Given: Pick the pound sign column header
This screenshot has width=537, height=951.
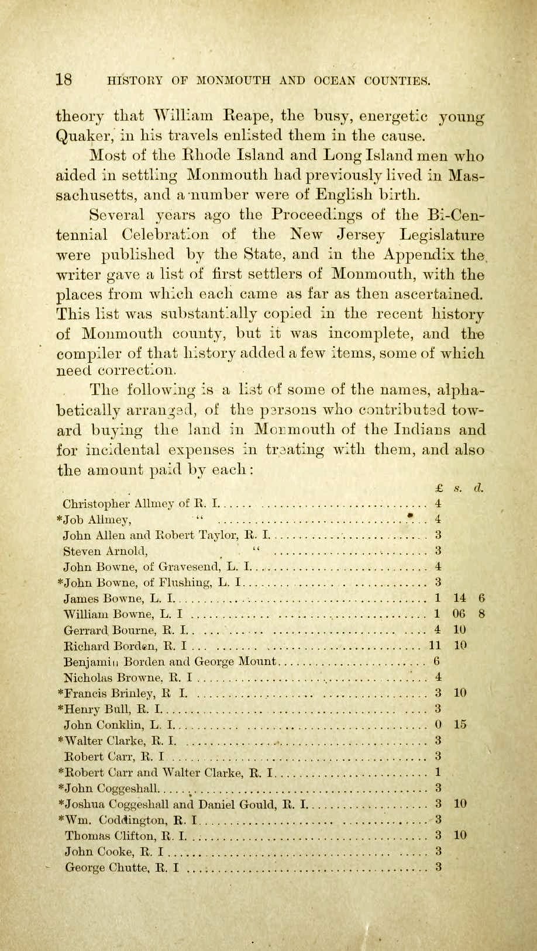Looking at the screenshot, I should [438, 487].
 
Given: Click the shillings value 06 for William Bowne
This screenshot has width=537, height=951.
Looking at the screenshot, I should [459, 614].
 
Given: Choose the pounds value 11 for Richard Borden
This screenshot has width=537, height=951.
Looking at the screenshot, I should [435, 645].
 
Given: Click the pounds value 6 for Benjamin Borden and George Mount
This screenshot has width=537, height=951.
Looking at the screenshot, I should [437, 662].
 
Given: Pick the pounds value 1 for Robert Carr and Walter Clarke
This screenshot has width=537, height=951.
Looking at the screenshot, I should [438, 773].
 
